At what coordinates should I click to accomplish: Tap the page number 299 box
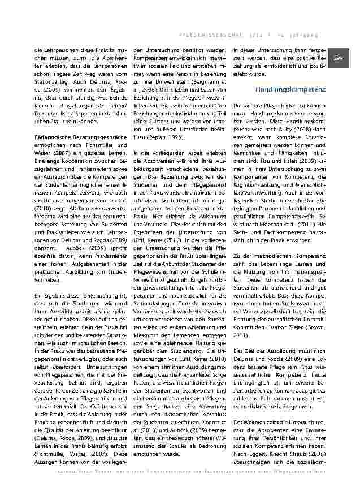tap(338, 58)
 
